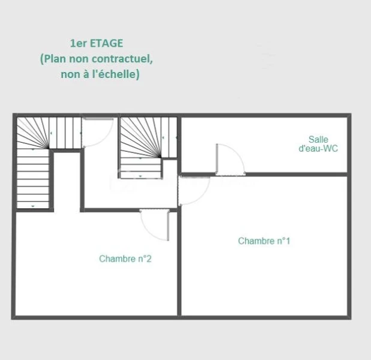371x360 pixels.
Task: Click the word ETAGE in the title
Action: [x=107, y=43]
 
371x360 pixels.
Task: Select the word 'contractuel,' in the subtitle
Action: [x=122, y=59]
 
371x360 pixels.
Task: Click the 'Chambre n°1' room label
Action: [x=264, y=241]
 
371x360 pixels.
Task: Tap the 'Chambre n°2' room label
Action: [x=125, y=259]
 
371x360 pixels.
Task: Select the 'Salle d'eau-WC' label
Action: [x=318, y=144]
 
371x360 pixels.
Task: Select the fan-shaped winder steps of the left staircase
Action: [x=32, y=133]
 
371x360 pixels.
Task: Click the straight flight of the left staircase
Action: [x=33, y=179]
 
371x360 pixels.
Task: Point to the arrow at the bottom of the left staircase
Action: [x=33, y=206]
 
